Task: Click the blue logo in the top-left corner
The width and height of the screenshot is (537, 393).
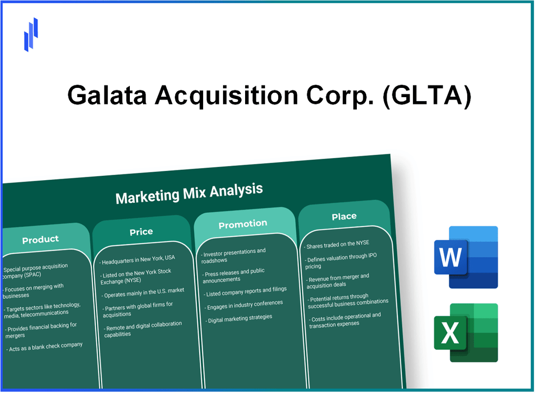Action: (x=31, y=35)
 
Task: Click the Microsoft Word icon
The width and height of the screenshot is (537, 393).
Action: (x=466, y=257)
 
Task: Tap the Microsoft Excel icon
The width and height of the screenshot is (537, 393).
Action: (x=466, y=333)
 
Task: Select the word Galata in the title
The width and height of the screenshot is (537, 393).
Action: (x=108, y=96)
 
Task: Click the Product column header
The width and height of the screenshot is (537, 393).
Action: (x=41, y=239)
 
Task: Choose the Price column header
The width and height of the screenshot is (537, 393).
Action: (x=141, y=232)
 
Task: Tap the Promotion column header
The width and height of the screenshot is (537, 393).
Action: (x=243, y=224)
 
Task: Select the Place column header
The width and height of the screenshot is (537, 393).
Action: (x=344, y=216)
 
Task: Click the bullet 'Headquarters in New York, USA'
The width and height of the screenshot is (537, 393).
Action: (x=138, y=258)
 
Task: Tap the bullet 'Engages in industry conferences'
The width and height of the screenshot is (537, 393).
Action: (x=245, y=304)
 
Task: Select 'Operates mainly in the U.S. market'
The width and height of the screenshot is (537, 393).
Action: (x=144, y=291)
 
